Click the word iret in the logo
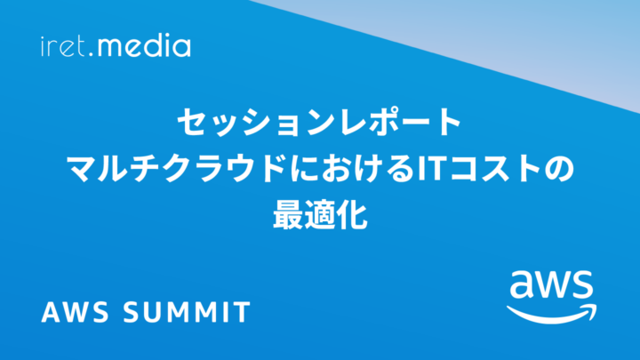pyautogui.click(x=63, y=46)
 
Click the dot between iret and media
pyautogui.click(x=91, y=54)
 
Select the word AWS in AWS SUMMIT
pyautogui.click(x=75, y=312)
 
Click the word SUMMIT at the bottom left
pyautogui.click(x=187, y=312)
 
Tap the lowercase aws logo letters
pyautogui.click(x=551, y=285)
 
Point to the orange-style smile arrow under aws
pyautogui.click(x=552, y=314)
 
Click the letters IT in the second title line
pyautogui.click(x=430, y=169)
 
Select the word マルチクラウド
pyautogui.click(x=176, y=169)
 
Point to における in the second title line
pyautogui.click(x=352, y=169)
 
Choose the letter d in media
pyautogui.click(x=155, y=46)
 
